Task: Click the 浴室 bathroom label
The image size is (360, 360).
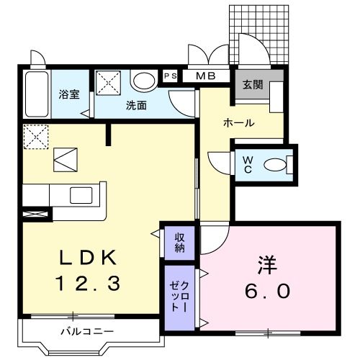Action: (x=70, y=94)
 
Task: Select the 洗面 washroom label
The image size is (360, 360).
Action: (x=136, y=105)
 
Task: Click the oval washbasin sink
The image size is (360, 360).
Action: (x=144, y=81)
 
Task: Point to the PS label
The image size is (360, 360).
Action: (x=170, y=76)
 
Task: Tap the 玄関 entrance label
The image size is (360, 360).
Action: (x=252, y=84)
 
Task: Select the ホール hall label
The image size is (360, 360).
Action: (x=238, y=122)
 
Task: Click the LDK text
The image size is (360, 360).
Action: (x=84, y=258)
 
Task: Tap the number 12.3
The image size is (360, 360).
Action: (x=84, y=284)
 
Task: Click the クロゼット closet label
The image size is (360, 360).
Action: (x=179, y=296)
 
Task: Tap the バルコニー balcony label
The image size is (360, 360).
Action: (x=86, y=332)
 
